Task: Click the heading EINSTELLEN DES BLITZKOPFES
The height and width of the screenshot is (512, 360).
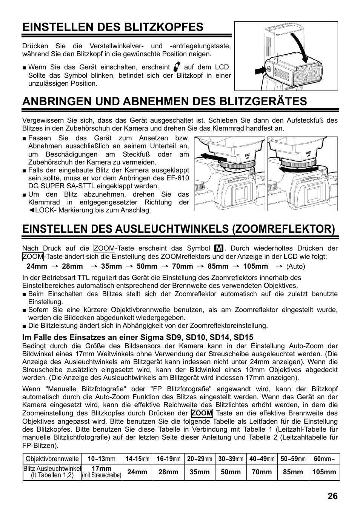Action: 112,27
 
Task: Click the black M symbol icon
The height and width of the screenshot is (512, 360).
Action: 218,249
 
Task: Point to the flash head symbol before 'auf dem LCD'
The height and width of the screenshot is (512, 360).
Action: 177,67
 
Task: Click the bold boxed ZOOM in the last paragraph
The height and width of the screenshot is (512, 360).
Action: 202,413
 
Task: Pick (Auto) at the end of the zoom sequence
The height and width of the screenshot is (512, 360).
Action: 295,266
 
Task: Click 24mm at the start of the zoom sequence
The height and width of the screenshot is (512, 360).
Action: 37,266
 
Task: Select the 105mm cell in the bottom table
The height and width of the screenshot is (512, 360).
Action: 324,472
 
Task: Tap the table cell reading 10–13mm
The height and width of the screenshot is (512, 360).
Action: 101,459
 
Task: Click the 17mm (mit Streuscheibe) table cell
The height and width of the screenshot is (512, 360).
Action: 101,472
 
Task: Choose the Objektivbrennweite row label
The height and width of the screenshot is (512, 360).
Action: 52,459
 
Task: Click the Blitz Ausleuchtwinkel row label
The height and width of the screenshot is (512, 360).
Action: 52,472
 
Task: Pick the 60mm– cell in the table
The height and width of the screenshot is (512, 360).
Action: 324,459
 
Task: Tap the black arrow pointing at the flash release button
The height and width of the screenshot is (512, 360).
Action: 260,70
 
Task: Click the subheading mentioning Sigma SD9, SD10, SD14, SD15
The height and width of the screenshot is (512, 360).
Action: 138,337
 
